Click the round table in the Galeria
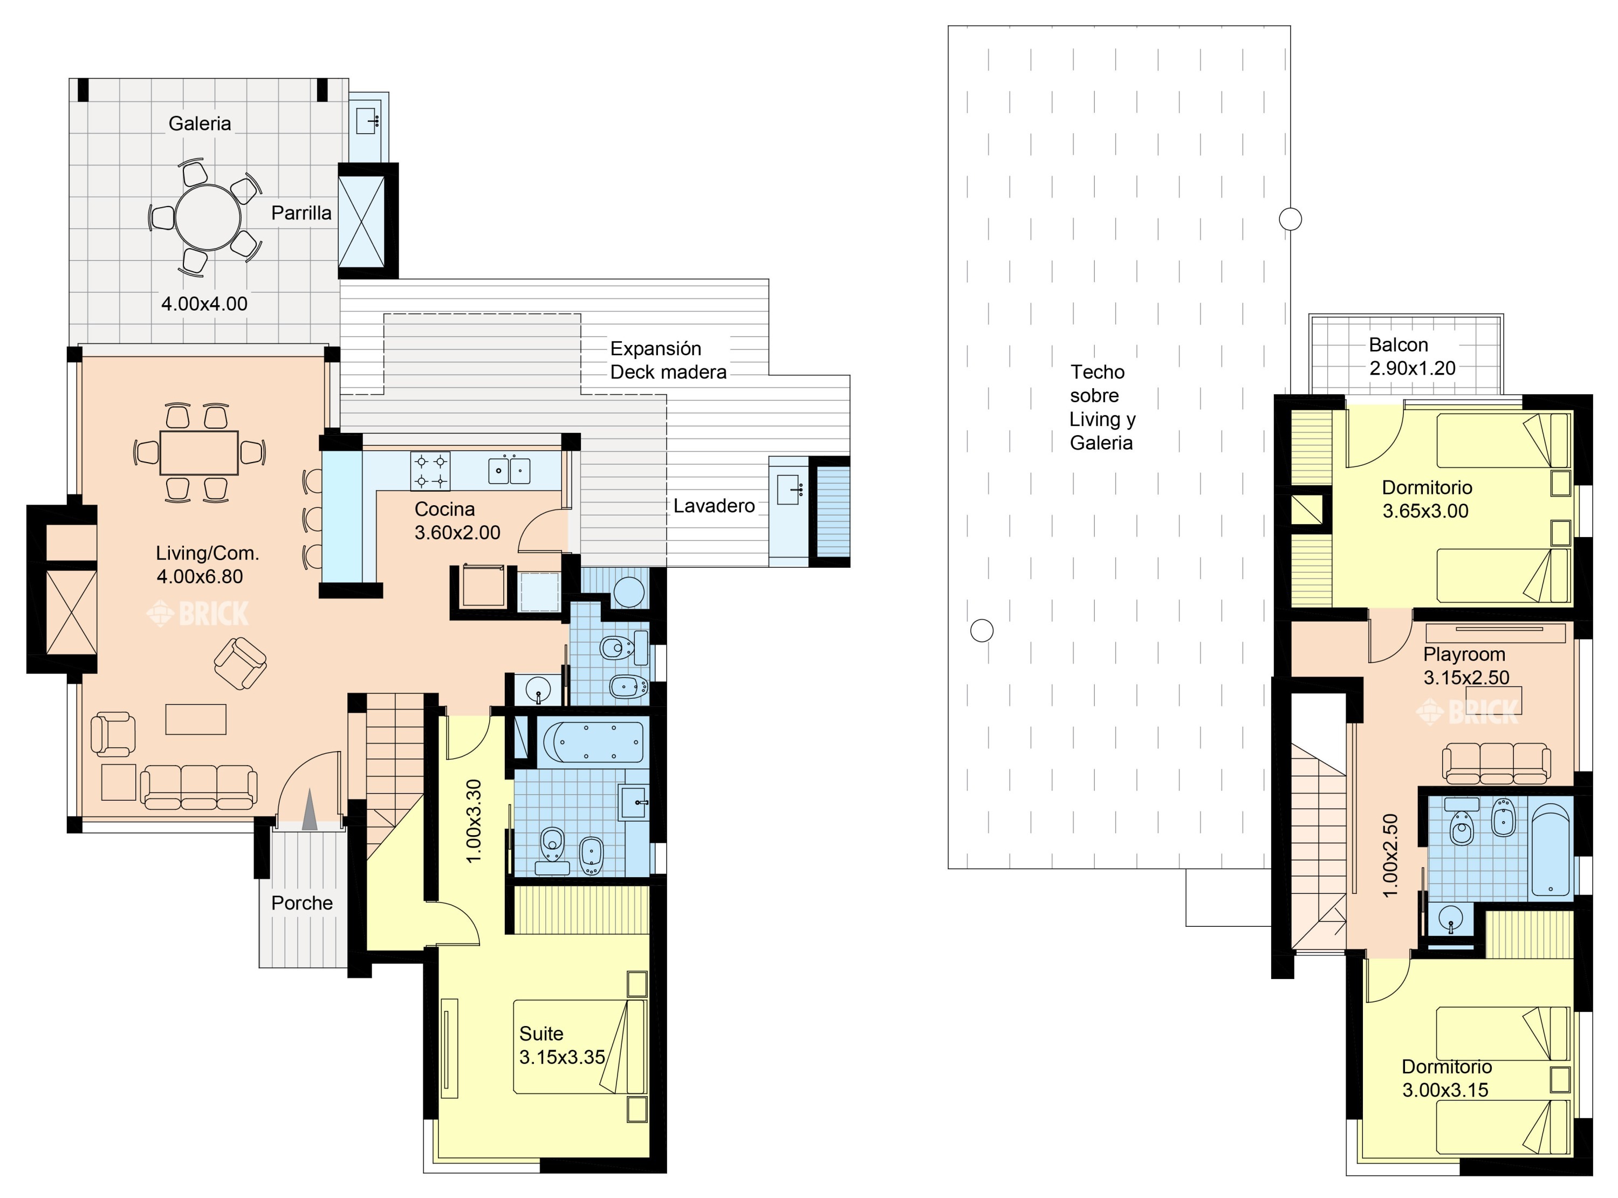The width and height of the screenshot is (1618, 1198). tap(208, 218)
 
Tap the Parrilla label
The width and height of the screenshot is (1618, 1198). tap(301, 213)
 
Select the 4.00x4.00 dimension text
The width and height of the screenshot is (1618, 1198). tap(204, 304)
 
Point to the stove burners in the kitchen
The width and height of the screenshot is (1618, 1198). tap(430, 471)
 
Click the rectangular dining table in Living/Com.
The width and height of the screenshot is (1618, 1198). tap(198, 452)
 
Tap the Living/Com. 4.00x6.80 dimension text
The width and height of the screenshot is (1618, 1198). tap(200, 576)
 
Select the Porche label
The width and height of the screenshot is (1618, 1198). tap(301, 903)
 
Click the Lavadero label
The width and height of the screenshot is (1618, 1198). tap(714, 505)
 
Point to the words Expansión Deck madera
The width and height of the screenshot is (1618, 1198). tap(668, 360)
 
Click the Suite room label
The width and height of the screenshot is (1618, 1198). tap(541, 1034)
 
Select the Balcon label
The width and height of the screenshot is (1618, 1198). tap(1398, 345)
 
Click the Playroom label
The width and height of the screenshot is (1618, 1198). tap(1464, 654)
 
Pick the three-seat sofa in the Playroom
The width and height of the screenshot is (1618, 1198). tap(1496, 762)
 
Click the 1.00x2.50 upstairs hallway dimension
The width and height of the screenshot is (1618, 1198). tap(1389, 856)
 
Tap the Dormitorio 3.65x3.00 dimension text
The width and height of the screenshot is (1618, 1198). tap(1425, 511)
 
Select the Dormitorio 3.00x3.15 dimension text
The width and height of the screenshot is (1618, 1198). tap(1445, 1090)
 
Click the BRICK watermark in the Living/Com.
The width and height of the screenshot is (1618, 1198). tap(197, 614)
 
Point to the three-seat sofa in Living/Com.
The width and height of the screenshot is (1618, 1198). tap(198, 787)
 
